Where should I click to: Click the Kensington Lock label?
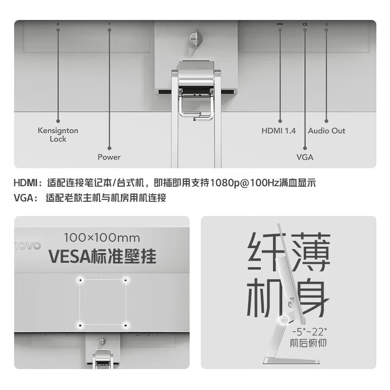pos(58,135)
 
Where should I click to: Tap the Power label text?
pos(109,157)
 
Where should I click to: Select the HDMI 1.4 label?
pos(279,131)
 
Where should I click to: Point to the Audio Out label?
pos(327,131)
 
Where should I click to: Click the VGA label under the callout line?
pos(305,157)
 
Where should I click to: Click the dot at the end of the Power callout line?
pos(109,147)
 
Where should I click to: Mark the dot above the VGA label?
pos(305,148)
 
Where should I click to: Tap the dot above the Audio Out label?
pos(327,120)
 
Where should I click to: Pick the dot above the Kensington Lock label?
pos(58,120)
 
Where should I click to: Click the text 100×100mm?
pos(102,238)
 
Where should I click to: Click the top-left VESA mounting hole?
pos(79,280)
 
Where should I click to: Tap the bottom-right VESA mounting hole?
pos(126,325)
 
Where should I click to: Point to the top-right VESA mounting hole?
pos(126,280)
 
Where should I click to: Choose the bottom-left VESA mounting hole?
pos(79,325)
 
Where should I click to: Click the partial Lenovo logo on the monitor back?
pos(28,246)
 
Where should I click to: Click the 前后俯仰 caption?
pos(308,343)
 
